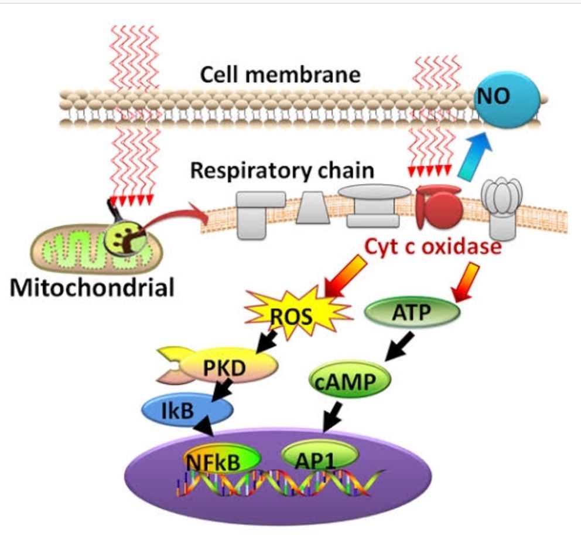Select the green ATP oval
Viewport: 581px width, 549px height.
pos(412,313)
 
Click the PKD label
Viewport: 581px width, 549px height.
pos(224,368)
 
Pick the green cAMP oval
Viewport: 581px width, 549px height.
pos(350,379)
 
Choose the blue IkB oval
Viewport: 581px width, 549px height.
pos(187,409)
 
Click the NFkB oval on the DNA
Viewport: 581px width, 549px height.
pos(221,459)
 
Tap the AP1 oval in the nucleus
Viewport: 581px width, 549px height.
pos(320,456)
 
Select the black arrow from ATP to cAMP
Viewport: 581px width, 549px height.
pos(399,346)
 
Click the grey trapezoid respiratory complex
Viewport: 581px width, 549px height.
pos(313,208)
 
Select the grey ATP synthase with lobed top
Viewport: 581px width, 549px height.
pos(502,208)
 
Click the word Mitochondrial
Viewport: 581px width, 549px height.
pos(92,287)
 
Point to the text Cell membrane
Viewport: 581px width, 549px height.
pos(280,74)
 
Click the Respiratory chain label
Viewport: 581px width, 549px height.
pos(282,171)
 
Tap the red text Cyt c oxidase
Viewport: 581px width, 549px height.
pos(433,246)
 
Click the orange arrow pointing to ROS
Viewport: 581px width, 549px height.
pos(345,276)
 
